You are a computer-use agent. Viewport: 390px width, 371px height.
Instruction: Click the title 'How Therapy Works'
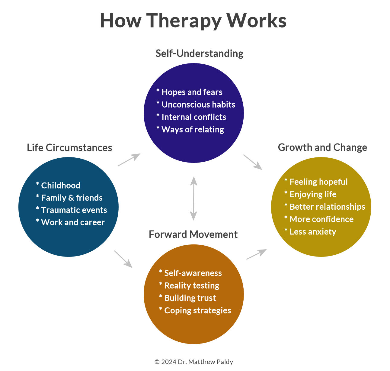[193, 21]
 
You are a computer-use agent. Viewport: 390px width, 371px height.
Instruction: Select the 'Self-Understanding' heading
[199, 53]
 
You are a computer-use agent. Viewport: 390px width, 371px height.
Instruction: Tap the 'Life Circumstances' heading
[69, 148]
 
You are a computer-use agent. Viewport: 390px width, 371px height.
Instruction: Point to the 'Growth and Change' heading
[322, 147]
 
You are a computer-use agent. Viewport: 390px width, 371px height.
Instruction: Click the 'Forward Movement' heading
[193, 234]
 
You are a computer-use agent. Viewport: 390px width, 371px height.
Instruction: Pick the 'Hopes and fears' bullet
[190, 92]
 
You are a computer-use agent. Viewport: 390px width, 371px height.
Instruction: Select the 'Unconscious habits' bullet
[196, 105]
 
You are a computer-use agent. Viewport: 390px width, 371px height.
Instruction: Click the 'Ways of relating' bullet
[190, 130]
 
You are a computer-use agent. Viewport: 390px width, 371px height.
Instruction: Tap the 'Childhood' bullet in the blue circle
[58, 185]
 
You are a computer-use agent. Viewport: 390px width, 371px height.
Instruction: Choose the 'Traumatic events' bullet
[72, 210]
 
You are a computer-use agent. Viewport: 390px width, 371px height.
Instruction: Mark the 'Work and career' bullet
[70, 222]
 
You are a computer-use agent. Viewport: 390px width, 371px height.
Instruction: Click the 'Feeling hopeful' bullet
[316, 182]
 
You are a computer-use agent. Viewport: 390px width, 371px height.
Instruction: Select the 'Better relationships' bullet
[325, 207]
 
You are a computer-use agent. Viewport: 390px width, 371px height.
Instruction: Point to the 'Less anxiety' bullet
[310, 232]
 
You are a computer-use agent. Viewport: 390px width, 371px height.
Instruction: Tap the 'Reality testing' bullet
[189, 286]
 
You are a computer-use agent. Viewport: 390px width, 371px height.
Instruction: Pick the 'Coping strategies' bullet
[195, 311]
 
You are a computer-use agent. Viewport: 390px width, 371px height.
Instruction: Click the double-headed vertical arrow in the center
[193, 198]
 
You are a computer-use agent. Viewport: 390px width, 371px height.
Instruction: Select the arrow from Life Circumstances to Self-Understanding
[129, 160]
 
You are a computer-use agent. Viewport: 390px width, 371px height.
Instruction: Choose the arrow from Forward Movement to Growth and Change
[257, 254]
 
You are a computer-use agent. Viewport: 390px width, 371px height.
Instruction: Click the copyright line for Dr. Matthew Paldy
[194, 362]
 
